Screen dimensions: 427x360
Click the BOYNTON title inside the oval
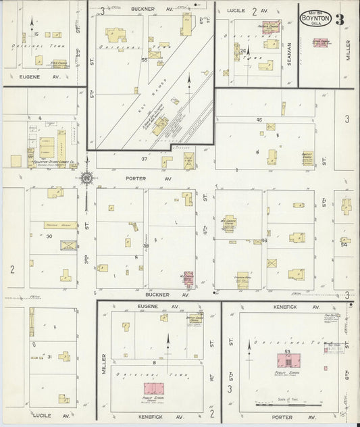point(315,19)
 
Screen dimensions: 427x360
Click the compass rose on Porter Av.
point(87,178)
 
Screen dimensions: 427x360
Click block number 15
point(34,33)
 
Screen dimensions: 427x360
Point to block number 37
point(144,159)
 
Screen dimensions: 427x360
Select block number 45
point(259,120)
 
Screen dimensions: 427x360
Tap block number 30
point(49,236)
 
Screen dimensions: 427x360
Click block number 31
point(49,357)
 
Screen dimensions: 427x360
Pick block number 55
point(144,60)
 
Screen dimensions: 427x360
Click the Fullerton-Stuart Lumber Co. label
point(48,163)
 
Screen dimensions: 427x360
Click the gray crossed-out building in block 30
point(68,245)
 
